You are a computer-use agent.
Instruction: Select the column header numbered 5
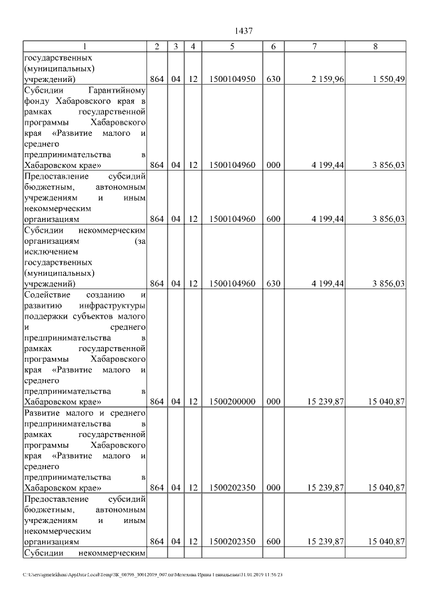(232, 46)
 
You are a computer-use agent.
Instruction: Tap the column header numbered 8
(375, 46)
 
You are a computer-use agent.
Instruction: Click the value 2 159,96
(326, 79)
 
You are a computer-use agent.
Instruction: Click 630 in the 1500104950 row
(273, 79)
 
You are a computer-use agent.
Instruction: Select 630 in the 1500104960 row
(273, 283)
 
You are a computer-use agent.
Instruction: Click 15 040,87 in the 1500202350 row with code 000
(385, 487)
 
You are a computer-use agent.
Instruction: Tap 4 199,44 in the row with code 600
(326, 219)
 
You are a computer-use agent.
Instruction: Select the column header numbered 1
(84, 46)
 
